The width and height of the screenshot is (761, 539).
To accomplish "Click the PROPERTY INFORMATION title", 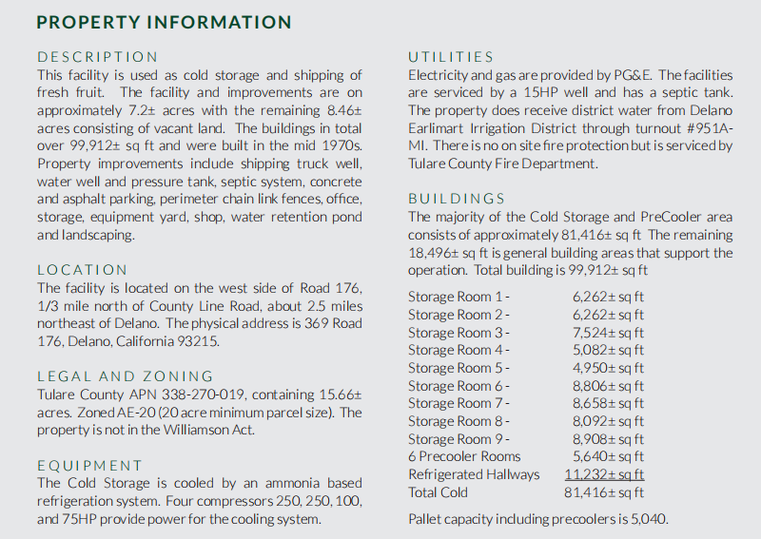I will pyautogui.click(x=164, y=22).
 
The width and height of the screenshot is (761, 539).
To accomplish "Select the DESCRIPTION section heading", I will pyautogui.click(x=98, y=57).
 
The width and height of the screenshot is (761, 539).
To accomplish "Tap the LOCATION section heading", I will pyautogui.click(x=82, y=270).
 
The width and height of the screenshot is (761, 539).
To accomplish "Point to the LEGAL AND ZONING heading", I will pyautogui.click(x=126, y=376).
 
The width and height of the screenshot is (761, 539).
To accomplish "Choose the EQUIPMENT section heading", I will pyautogui.click(x=89, y=466).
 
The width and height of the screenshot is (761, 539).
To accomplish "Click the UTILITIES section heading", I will pyautogui.click(x=451, y=57).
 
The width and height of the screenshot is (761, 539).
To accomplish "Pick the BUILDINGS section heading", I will pyautogui.click(x=457, y=199).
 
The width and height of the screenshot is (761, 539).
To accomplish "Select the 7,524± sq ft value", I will pyautogui.click(x=608, y=333).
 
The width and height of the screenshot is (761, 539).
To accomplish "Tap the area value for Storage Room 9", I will pyautogui.click(x=608, y=439).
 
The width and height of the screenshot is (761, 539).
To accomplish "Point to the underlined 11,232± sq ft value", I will pyautogui.click(x=604, y=474).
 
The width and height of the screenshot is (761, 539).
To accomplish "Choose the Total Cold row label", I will pyautogui.click(x=438, y=492).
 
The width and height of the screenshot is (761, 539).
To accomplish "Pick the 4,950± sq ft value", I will pyautogui.click(x=608, y=368).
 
